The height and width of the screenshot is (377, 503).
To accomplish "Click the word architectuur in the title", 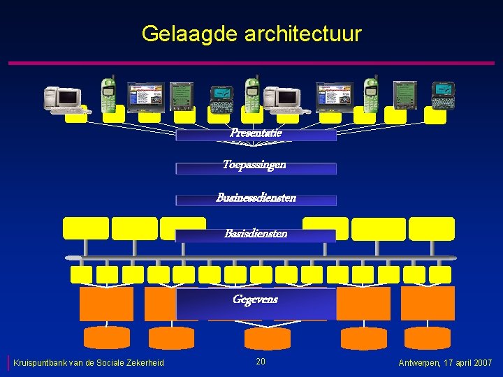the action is (x=303, y=34).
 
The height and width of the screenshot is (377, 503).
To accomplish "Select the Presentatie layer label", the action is (x=256, y=133).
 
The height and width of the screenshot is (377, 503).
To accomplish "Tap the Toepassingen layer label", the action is (x=255, y=165).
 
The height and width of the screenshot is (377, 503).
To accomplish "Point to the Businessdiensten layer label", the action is (x=256, y=198).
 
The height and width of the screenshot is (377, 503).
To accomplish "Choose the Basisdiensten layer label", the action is (x=256, y=234).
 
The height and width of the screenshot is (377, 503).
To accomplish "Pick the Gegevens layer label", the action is (x=255, y=300).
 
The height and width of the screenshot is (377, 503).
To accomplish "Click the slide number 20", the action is (x=261, y=362).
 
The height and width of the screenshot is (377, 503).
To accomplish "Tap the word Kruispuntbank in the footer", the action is (x=43, y=363).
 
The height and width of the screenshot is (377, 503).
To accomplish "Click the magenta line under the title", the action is (x=251, y=64).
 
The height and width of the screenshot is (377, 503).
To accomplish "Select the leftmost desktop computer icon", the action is (x=62, y=99).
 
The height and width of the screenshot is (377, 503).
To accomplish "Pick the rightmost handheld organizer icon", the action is (x=443, y=95).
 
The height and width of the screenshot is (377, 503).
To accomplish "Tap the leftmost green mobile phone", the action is (x=108, y=94).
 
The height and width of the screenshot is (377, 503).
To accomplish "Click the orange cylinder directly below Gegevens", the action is (x=267, y=338).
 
